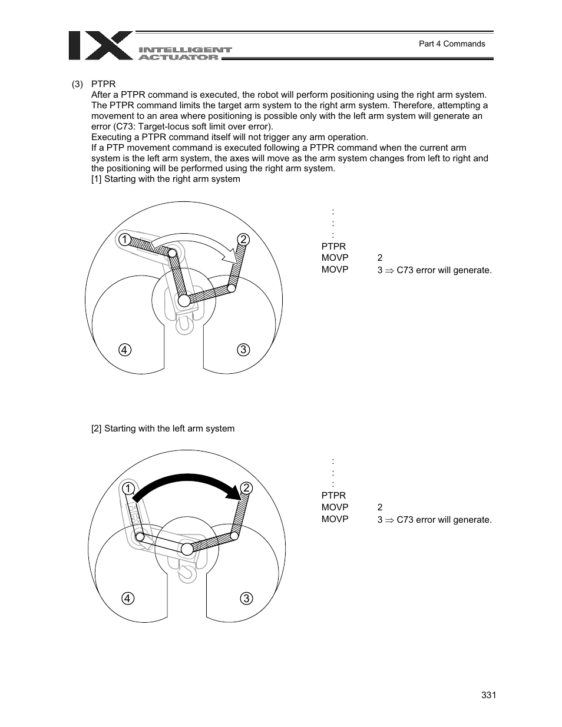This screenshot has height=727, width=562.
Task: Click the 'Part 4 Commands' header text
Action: (x=451, y=44)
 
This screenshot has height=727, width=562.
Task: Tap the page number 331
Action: (x=488, y=695)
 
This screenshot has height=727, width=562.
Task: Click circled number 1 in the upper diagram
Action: (x=124, y=239)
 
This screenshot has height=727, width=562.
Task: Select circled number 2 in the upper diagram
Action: (x=243, y=239)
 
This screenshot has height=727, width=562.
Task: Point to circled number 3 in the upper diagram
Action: (x=243, y=350)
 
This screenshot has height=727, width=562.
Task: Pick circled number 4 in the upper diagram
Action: (x=124, y=350)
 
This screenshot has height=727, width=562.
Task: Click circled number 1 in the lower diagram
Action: (x=127, y=489)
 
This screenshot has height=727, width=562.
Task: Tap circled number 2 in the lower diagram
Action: (x=246, y=488)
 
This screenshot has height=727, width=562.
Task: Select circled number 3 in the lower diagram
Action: (x=246, y=599)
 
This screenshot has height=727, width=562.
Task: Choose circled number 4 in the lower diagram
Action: (x=127, y=599)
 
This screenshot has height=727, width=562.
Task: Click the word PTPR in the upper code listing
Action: (x=333, y=246)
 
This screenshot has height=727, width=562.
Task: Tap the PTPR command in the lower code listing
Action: (x=333, y=496)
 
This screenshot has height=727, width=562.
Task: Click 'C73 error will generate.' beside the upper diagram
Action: (x=444, y=270)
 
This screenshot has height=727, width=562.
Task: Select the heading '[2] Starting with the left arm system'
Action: (x=163, y=429)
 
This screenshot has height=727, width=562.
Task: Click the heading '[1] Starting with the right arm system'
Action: (x=166, y=179)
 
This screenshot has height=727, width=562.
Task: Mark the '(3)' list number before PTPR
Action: (x=78, y=84)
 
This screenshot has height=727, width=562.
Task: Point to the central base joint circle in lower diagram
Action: (x=187, y=549)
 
